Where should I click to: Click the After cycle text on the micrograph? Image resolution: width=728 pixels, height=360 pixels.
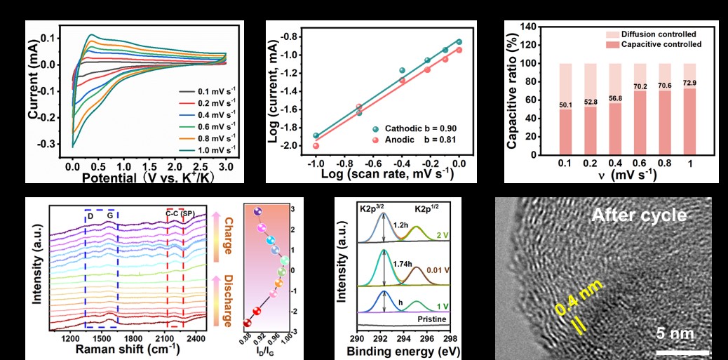pyautogui.click(x=638, y=215)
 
